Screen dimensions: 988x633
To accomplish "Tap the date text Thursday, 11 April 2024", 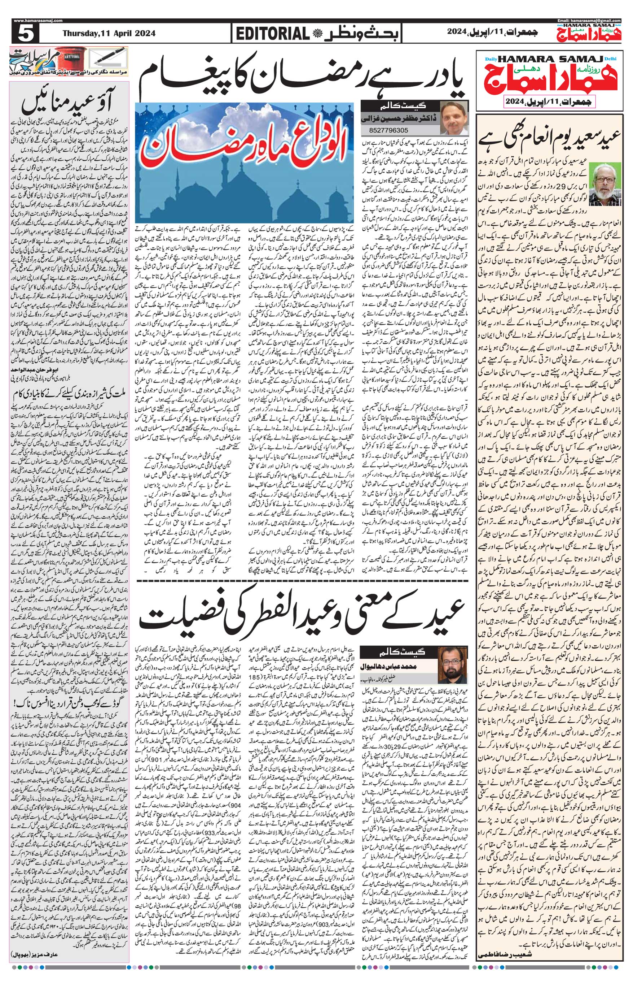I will coord(109,34).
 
